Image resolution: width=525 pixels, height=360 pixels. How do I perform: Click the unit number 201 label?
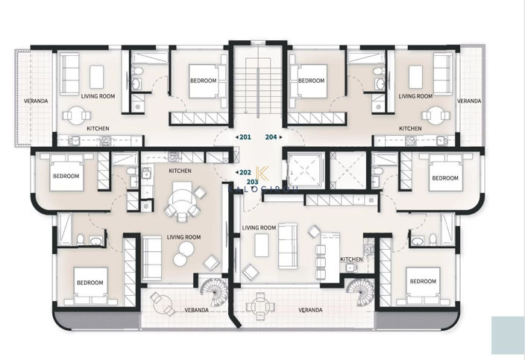245,137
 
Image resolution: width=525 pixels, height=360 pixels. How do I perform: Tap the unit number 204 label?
271,137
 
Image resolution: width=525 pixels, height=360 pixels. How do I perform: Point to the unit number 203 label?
252,181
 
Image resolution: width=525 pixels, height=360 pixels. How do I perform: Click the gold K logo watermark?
260,171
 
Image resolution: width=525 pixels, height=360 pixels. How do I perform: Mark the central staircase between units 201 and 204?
258,89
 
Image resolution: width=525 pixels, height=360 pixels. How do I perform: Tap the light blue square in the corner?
507,335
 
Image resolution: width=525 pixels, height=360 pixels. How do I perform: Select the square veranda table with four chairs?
260,304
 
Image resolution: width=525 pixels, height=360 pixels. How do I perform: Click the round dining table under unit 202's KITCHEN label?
182,203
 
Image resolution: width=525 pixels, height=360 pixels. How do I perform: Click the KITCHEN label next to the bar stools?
351,259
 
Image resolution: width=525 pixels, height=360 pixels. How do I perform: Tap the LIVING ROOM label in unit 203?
260,228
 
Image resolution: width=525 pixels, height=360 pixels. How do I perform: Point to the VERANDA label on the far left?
35,101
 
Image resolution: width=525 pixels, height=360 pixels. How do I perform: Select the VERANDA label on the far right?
469,101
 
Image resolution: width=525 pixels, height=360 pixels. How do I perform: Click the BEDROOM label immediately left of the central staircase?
203,80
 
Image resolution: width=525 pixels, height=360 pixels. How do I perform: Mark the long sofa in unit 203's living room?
286,245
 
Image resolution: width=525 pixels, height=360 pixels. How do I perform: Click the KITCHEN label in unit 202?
180,171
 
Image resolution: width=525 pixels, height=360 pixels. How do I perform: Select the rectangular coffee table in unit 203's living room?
261,244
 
